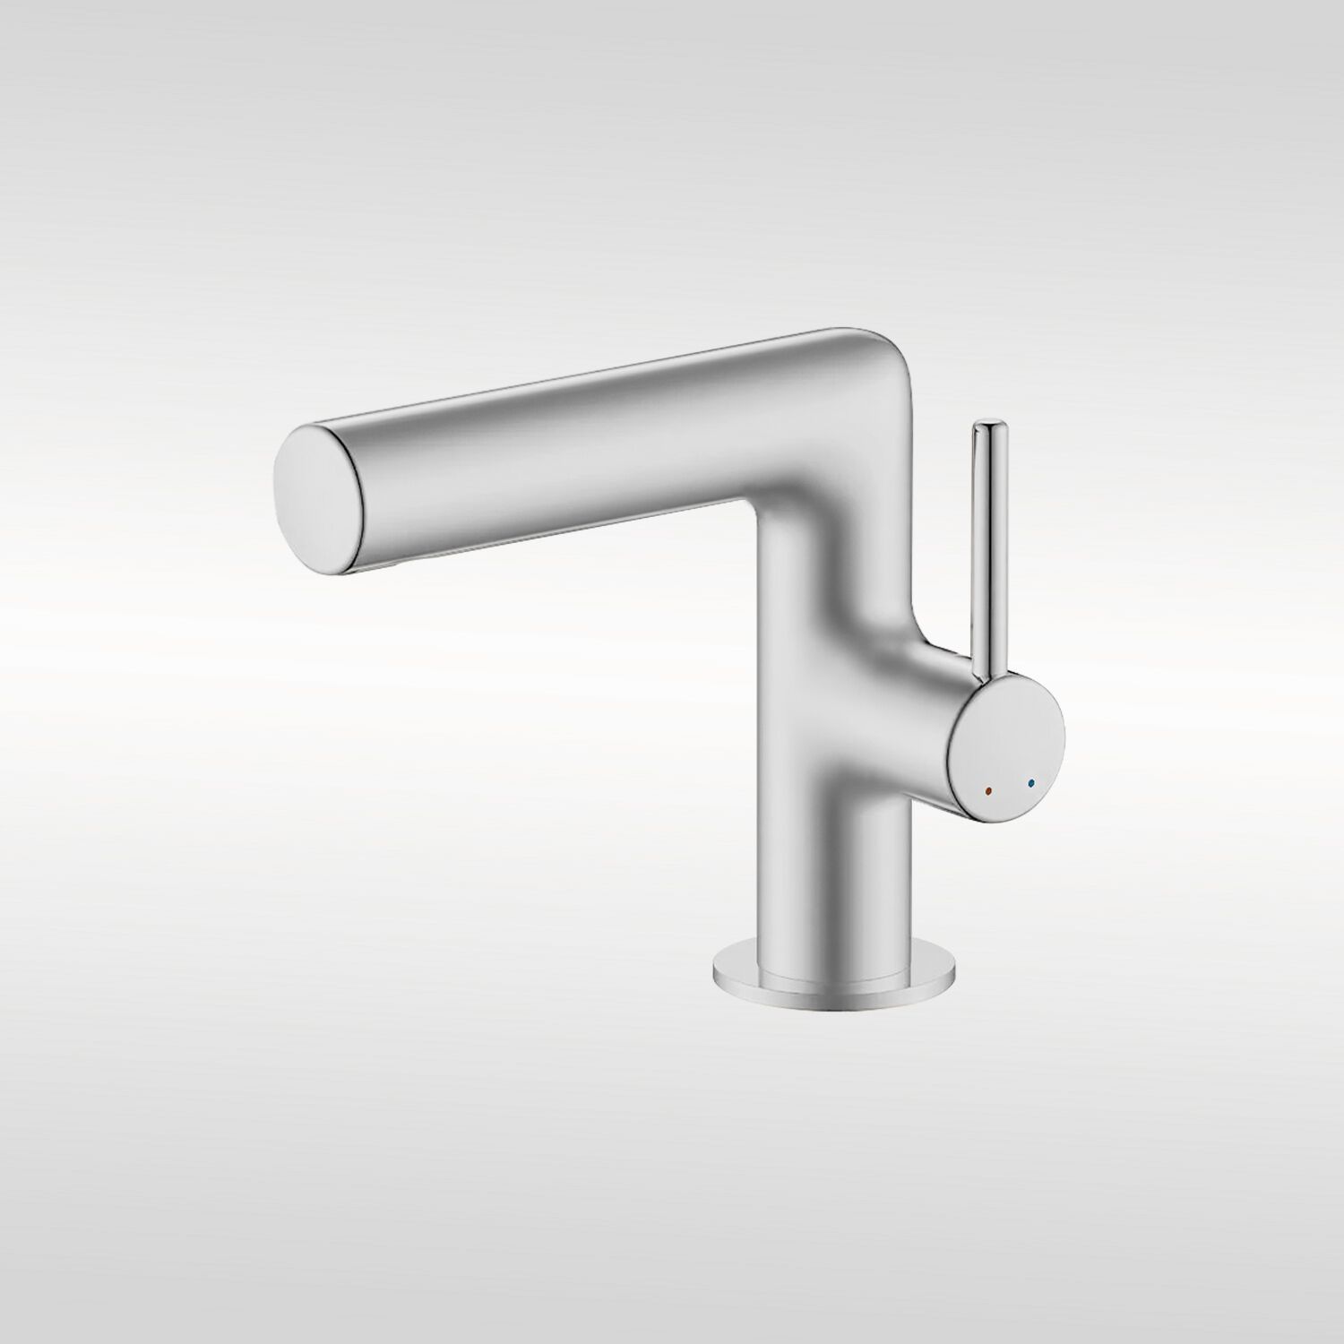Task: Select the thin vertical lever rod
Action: [985, 538]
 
